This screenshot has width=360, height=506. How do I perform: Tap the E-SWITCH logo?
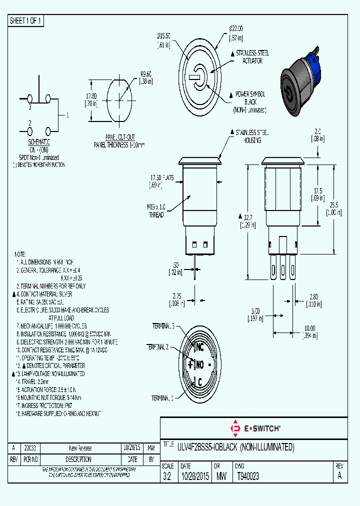(255, 428)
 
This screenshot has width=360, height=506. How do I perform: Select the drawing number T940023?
(248, 477)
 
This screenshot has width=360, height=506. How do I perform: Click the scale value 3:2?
(166, 477)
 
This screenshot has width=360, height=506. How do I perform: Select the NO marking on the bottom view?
(199, 364)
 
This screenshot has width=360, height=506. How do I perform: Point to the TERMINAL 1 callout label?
(163, 398)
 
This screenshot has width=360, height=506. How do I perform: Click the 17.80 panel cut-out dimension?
(91, 99)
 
